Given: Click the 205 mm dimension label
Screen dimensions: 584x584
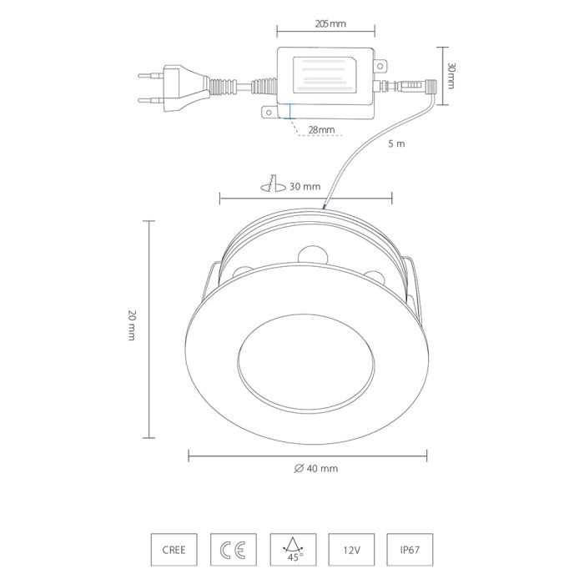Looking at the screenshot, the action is point(330,24).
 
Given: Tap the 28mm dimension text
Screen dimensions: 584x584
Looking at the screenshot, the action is point(321,130).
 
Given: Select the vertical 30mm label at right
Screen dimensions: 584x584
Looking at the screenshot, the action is point(451,76).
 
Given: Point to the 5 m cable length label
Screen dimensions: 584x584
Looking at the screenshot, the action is point(396,143).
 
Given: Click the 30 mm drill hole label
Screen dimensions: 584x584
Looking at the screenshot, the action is point(305,186).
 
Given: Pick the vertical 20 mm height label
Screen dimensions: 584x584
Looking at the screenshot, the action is point(132,325).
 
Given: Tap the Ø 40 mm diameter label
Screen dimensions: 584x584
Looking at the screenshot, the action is point(316,468).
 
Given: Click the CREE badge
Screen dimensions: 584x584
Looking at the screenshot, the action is point(174,550).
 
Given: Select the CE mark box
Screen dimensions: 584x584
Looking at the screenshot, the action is point(233,550).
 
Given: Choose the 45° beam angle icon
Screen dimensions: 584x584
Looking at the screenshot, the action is point(293,550).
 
